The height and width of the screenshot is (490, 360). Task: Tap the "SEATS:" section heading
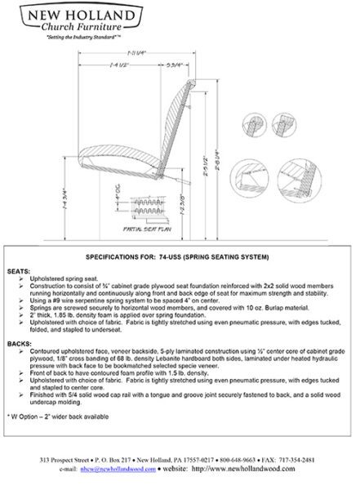click(18, 269)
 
